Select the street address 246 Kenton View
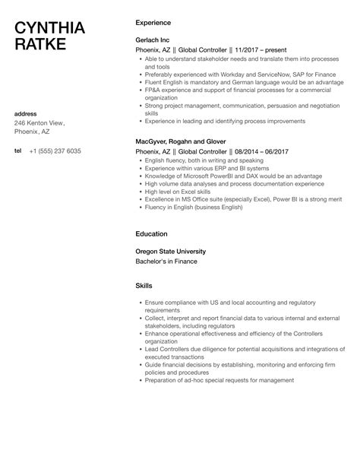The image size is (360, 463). point(39,122)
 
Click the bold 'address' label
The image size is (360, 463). point(27,113)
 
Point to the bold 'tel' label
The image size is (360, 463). point(18,151)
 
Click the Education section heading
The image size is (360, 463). point(151,233)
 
